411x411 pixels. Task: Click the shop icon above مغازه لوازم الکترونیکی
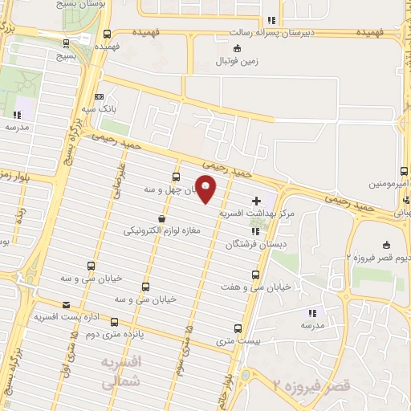tap(162, 218)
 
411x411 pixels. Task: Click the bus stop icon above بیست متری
tap(238, 328)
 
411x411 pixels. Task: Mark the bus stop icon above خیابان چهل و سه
tap(176, 177)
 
